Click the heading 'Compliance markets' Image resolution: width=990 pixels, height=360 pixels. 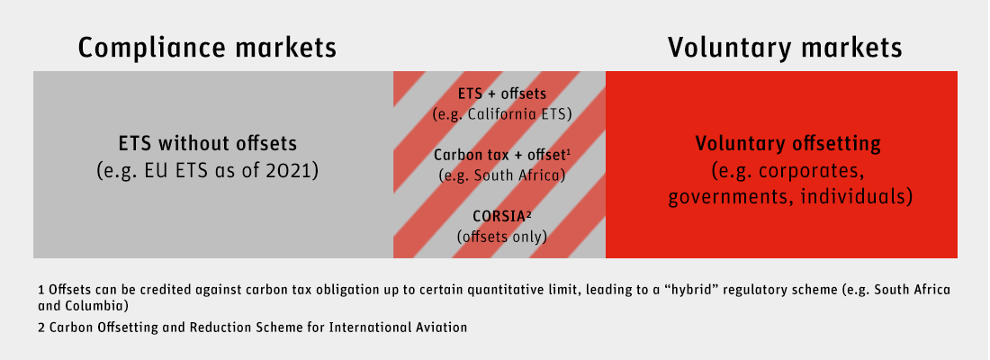click(207, 48)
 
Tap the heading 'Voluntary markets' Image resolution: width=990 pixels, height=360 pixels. click(785, 48)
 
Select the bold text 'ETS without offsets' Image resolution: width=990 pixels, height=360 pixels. click(208, 143)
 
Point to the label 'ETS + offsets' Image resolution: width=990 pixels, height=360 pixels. click(502, 94)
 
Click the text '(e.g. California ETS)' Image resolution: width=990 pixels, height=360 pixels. click(502, 115)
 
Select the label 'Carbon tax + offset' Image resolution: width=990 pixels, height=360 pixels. click(500, 155)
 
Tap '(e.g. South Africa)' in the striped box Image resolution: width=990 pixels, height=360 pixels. click(502, 175)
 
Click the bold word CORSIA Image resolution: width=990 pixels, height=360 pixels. click(499, 216)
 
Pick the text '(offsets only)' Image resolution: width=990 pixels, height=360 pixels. click(502, 237)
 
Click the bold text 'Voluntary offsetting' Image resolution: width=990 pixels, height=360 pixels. click(788, 143)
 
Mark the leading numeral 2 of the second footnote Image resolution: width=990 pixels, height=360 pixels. click(41, 328)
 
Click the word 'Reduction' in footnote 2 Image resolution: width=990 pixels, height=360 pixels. click(228, 328)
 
